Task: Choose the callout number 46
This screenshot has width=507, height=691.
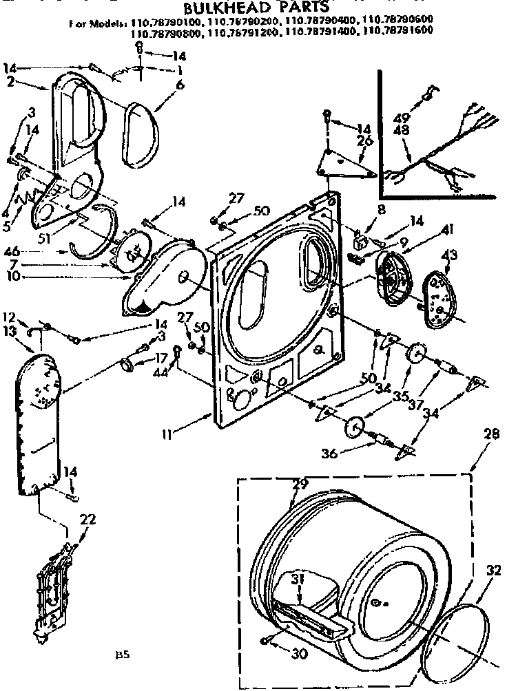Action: (12, 251)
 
